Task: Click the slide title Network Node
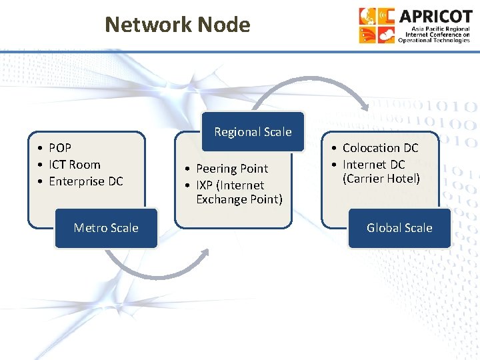tap(177, 25)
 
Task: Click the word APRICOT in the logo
tap(434, 16)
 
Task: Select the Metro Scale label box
tap(106, 228)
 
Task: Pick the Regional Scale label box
tap(253, 132)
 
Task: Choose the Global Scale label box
tap(399, 228)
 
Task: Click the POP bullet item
tap(60, 148)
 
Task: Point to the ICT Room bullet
tap(74, 165)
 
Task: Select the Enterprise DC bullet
tap(85, 181)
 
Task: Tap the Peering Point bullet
tap(231, 169)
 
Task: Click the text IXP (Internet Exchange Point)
tap(238, 192)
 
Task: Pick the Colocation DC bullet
tap(380, 148)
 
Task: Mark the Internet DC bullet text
tap(373, 165)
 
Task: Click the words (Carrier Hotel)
tap(381, 179)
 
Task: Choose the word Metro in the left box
tap(89, 228)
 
